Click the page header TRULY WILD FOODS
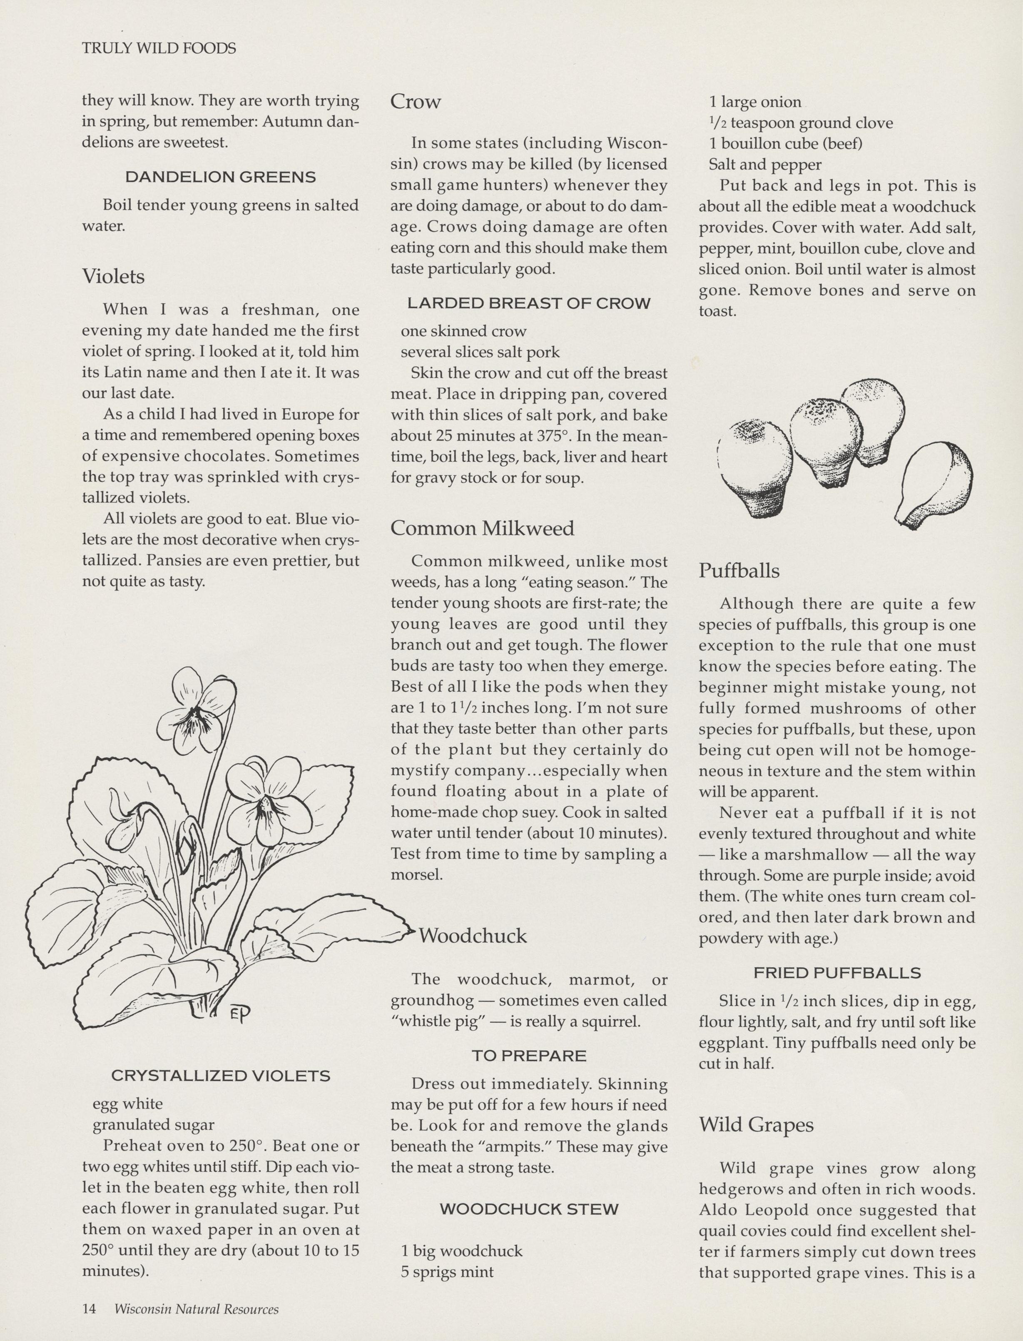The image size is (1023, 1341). coord(159,48)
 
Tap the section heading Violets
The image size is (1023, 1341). coord(113,277)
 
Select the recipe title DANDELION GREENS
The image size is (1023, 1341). coord(220,177)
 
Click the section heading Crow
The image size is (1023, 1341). coord(415,101)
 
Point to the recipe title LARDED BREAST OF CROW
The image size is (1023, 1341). coord(528,303)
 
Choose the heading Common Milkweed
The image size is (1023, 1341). coord(482,528)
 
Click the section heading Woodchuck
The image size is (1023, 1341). coord(473,935)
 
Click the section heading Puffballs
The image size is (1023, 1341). coord(739,571)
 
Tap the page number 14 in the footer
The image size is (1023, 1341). coord(89,1309)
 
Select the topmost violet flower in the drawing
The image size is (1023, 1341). coord(194,710)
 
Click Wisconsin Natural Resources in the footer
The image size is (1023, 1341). coord(196,1309)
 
